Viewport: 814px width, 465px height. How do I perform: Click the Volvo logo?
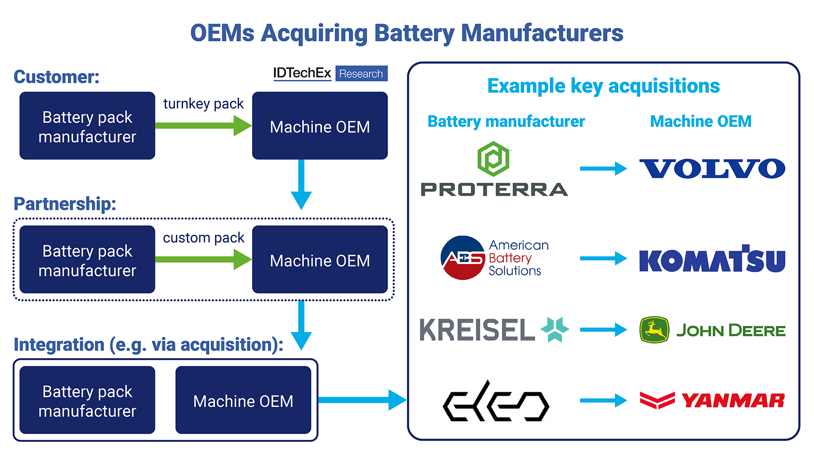(x=712, y=169)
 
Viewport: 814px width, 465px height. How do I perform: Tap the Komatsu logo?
(x=712, y=259)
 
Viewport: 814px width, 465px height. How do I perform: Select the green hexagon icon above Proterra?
(x=494, y=159)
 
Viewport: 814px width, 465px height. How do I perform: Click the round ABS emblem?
(x=463, y=258)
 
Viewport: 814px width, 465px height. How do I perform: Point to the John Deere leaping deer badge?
(x=654, y=330)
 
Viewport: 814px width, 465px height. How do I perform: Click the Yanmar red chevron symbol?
(x=657, y=400)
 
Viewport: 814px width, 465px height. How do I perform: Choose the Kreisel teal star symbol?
(x=555, y=329)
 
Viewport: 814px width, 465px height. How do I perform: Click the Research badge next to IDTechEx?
(x=361, y=73)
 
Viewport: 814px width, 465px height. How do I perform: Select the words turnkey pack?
(x=203, y=104)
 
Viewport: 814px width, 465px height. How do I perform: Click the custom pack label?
(x=203, y=238)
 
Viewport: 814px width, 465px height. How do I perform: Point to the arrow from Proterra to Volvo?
(x=604, y=168)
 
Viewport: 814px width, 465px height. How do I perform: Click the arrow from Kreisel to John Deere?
(x=604, y=330)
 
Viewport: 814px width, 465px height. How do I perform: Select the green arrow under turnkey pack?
(x=203, y=126)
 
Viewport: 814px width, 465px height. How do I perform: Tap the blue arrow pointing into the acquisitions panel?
(x=362, y=400)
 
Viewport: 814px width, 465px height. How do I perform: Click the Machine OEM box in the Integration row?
(x=243, y=400)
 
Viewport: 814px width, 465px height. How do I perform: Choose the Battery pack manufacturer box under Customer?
(x=87, y=126)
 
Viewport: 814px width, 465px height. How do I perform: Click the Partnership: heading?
(x=65, y=204)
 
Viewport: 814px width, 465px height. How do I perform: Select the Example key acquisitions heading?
(x=603, y=86)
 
